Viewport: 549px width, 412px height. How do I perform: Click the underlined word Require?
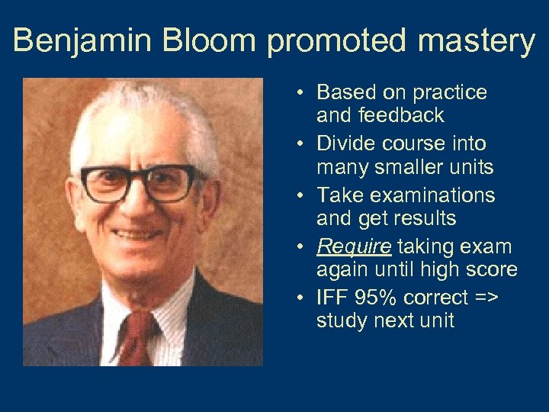[x=354, y=247]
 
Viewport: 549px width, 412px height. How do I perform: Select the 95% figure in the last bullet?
[x=371, y=297]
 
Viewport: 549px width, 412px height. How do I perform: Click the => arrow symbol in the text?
[x=485, y=297]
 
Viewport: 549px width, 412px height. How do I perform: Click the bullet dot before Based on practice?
[x=302, y=93]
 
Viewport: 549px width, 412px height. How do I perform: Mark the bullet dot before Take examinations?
[x=302, y=196]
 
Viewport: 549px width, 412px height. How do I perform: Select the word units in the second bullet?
[x=470, y=166]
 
